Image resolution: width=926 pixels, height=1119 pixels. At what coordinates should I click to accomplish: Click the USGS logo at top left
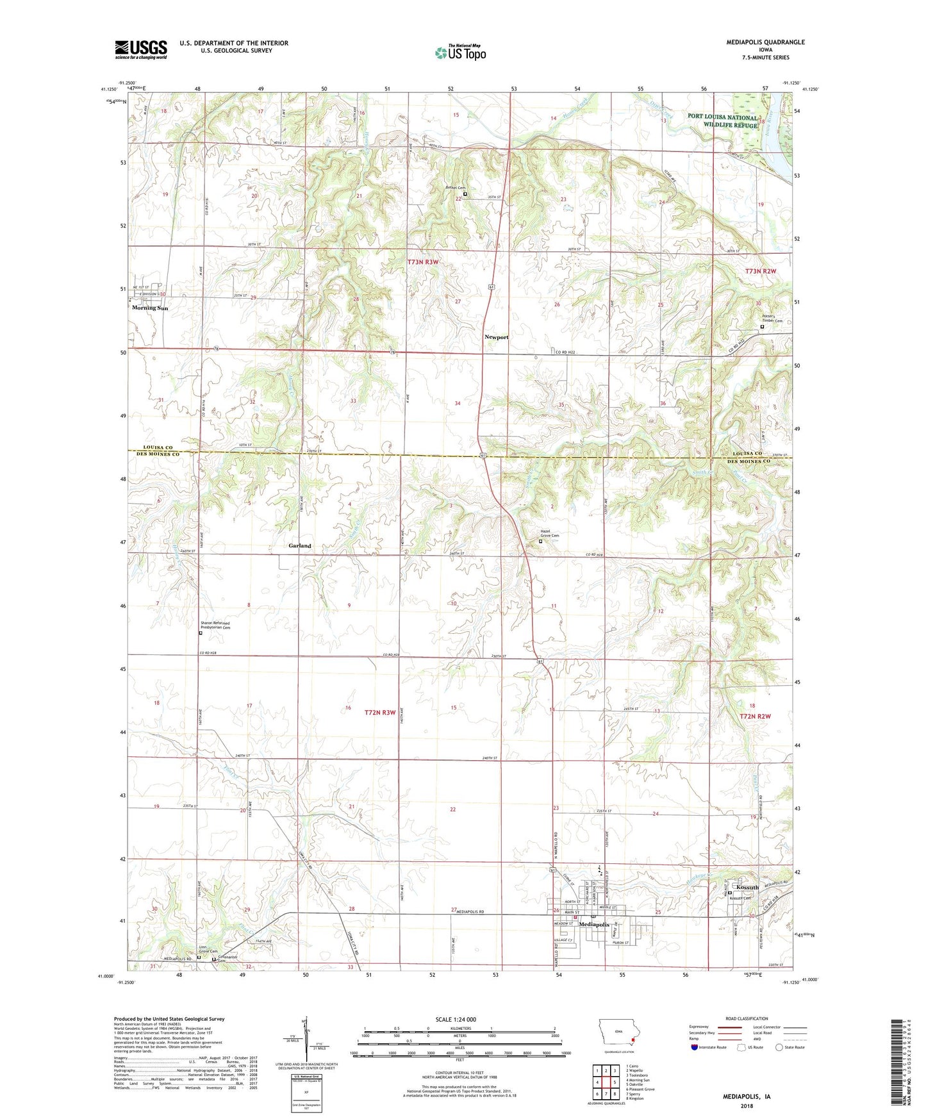coord(140,49)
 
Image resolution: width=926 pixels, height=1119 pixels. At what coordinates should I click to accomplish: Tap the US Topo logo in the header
coord(460,53)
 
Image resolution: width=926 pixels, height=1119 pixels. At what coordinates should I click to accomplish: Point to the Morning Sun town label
coord(150,308)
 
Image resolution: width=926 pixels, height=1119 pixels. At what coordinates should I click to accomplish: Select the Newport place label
coord(496,337)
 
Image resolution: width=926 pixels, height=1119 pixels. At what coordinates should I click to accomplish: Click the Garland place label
coord(299,546)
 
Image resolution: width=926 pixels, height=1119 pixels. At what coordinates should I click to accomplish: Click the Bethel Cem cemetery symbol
coord(465,194)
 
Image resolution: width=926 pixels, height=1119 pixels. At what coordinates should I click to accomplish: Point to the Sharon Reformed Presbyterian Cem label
coord(215,626)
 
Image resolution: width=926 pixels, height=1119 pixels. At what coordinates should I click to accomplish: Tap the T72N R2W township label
coord(755,716)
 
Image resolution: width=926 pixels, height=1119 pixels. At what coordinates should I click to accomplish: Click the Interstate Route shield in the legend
coord(695,1048)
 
